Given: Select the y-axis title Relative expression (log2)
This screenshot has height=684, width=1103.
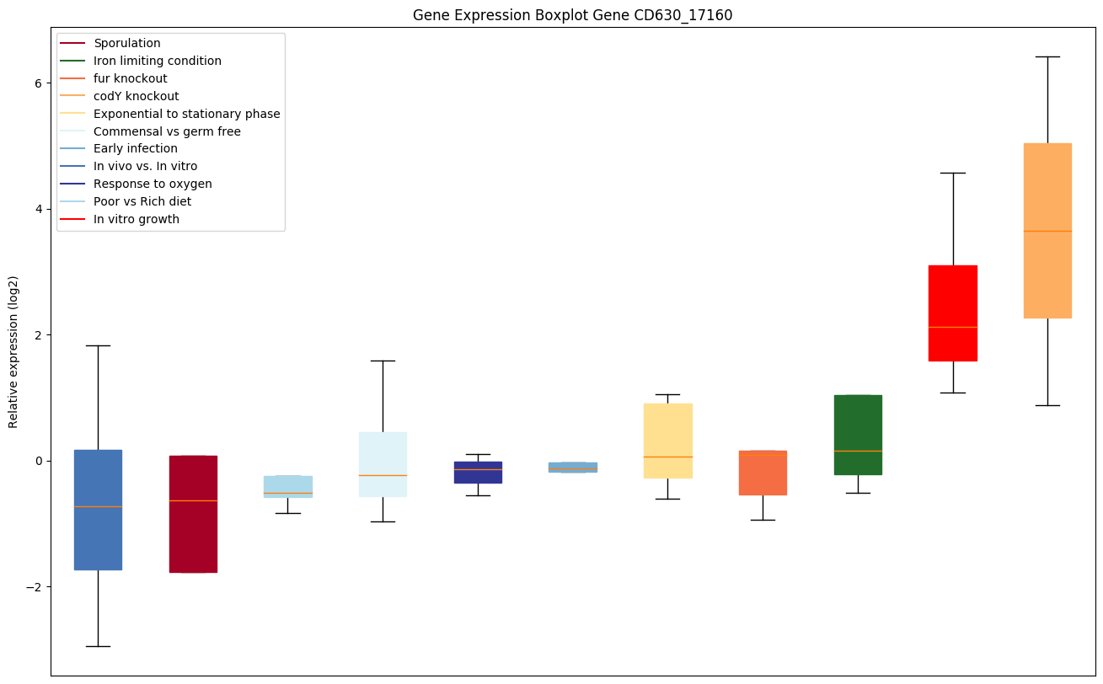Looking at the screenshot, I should pyautogui.click(x=13, y=351).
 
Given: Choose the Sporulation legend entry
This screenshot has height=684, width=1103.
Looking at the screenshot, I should pyautogui.click(x=127, y=43).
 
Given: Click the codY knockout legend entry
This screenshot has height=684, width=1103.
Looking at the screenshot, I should pyautogui.click(x=137, y=96).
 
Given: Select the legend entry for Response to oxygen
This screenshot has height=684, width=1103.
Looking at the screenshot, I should pyautogui.click(x=153, y=184).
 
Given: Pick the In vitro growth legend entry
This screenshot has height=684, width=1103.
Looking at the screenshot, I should pyautogui.click(x=137, y=219).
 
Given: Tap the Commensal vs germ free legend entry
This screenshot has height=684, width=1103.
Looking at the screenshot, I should pyautogui.click(x=167, y=131).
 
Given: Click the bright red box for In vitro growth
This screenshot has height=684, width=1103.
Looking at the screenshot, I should pyautogui.click(x=952, y=295).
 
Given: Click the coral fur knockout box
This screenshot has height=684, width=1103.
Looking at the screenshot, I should pyautogui.click(x=763, y=476).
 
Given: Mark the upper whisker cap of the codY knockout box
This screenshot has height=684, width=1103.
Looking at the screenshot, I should pyautogui.click(x=1047, y=56).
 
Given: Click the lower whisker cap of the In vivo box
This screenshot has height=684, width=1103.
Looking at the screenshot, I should pyautogui.click(x=98, y=646).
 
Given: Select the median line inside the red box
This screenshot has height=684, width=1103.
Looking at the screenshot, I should pyautogui.click(x=952, y=327).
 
